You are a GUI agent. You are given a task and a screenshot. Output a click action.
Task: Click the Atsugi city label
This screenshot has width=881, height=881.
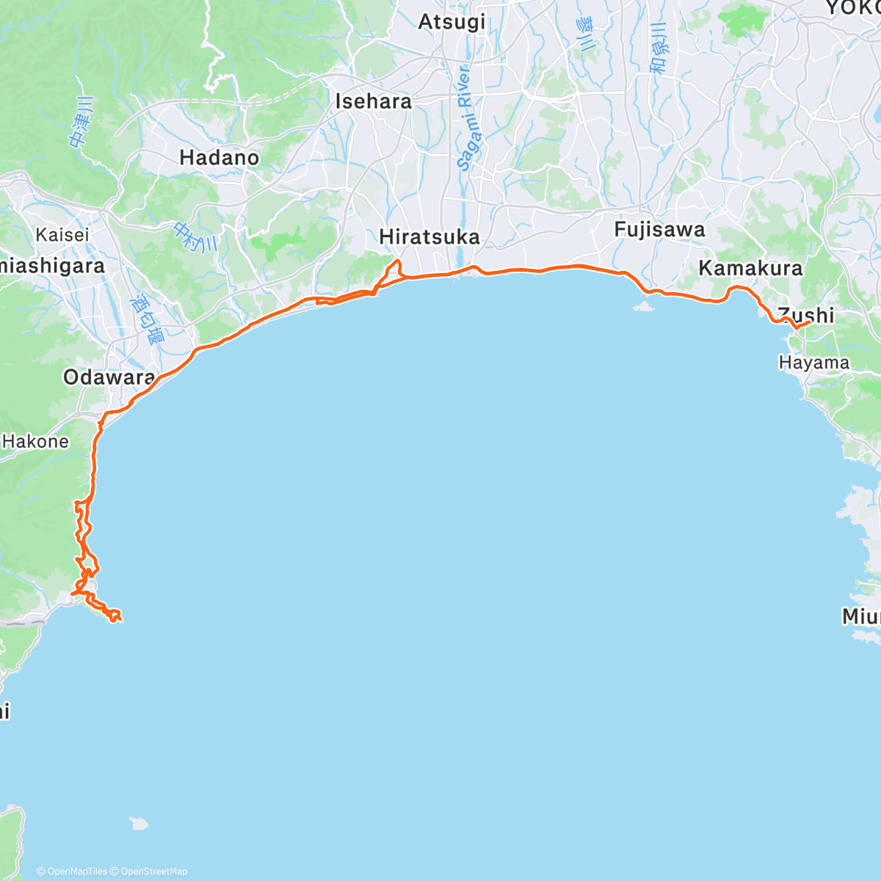click(x=452, y=22)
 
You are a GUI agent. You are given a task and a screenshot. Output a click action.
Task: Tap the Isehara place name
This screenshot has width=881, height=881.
click(x=373, y=101)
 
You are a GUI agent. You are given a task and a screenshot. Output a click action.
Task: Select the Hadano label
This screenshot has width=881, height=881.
click(x=219, y=158)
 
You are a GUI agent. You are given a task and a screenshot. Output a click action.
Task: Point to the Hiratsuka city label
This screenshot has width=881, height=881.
click(x=429, y=237)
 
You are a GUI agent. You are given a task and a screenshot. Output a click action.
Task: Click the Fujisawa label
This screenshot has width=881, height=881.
click(x=659, y=230)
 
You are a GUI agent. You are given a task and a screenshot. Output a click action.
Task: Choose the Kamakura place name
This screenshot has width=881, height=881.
click(x=750, y=268)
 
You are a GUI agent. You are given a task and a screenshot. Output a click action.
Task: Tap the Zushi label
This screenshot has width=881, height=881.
click(x=806, y=315)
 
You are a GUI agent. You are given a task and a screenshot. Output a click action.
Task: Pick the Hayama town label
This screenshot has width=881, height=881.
click(x=813, y=363)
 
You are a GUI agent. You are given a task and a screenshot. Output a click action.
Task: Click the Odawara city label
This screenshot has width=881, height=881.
click(x=109, y=378)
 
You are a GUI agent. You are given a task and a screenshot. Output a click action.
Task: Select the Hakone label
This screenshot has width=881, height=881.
click(x=35, y=441)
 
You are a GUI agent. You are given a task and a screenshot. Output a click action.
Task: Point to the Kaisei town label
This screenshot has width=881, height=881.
click(x=62, y=235)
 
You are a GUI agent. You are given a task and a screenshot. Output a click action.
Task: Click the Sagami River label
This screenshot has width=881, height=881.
click(x=465, y=118)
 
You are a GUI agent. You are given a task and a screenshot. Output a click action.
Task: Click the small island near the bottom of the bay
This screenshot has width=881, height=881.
click(x=139, y=823)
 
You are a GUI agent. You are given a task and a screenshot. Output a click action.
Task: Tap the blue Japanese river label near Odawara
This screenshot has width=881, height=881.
click(x=147, y=320)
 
